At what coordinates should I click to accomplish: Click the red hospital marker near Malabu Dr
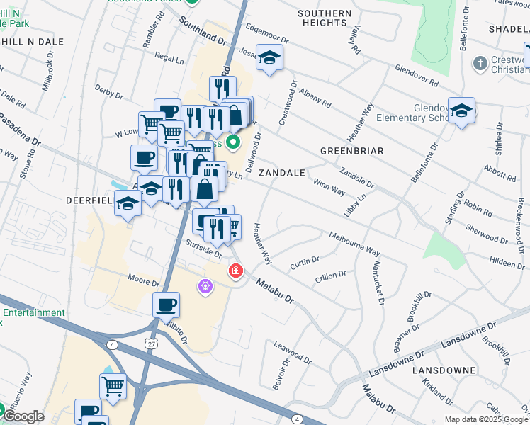coord(235,271)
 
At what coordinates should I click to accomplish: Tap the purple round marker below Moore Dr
coord(205,285)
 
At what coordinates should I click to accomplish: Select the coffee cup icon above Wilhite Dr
coord(167,305)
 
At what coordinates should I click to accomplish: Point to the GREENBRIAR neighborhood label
coord(351,151)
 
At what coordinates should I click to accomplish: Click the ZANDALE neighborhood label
coord(281,173)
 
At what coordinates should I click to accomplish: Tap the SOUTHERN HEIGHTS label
coord(325,18)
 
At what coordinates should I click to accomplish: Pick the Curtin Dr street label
coord(304,263)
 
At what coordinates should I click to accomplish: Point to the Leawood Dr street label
coord(293,352)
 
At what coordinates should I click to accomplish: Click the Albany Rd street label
coord(315,98)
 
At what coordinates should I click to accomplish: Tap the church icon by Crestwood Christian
coord(480,63)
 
